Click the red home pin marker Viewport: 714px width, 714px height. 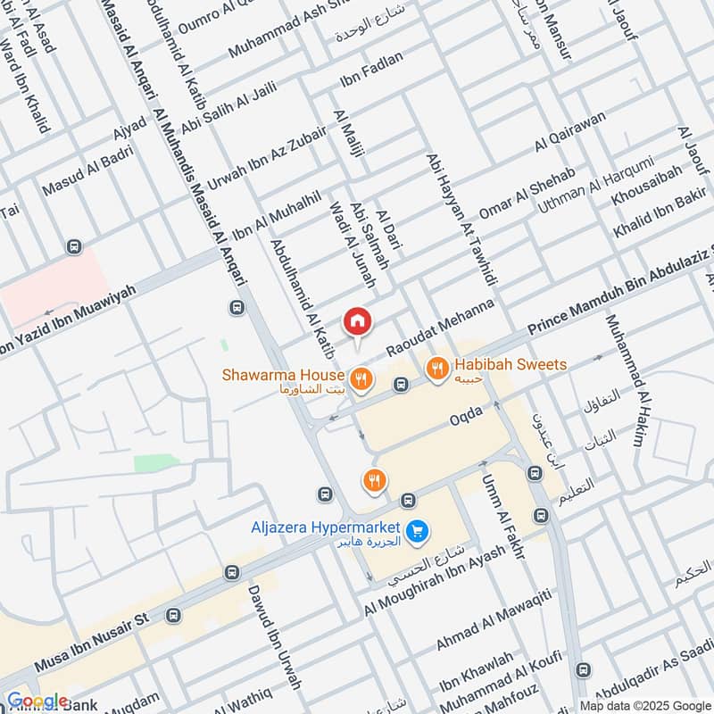click(358, 321)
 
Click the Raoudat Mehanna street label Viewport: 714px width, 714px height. click(440, 329)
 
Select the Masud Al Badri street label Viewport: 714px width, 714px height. click(87, 170)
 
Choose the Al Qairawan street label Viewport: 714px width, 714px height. click(571, 132)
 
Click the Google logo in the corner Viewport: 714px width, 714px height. click(37, 701)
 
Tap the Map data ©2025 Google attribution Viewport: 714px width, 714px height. click(642, 704)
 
